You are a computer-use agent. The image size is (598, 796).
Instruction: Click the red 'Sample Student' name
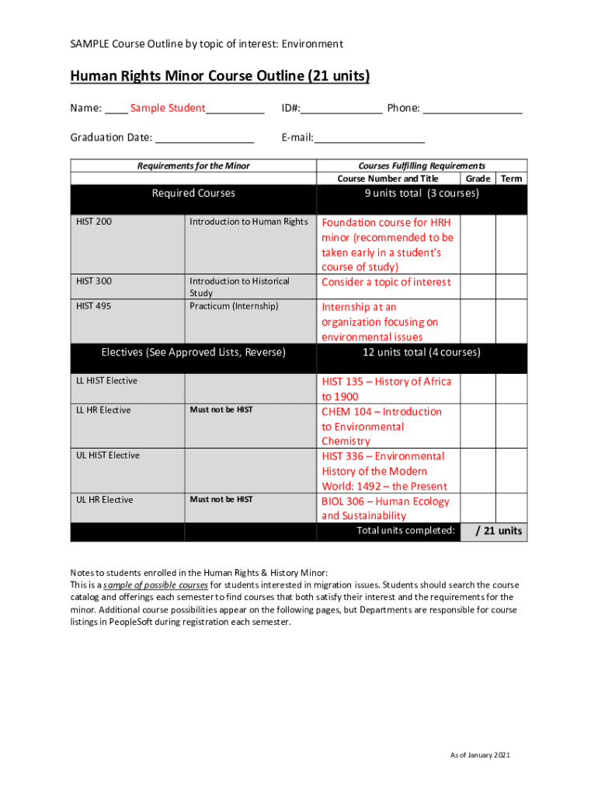point(167,108)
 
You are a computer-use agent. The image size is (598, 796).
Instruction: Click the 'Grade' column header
point(478,179)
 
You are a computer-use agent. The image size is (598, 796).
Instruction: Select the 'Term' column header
point(511,179)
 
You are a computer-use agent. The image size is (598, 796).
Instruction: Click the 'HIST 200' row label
point(93,222)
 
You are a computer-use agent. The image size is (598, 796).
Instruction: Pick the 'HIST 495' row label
point(93,306)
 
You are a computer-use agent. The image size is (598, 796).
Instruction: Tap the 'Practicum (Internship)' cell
point(234,306)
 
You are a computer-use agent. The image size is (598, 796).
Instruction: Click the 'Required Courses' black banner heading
point(193,194)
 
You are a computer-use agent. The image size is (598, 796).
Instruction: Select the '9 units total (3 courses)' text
point(422,194)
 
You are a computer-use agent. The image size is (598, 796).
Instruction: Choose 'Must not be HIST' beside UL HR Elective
point(221,500)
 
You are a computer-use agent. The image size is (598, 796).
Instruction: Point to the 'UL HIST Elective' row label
point(108,456)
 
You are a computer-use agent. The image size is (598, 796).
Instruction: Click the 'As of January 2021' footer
point(480,756)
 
